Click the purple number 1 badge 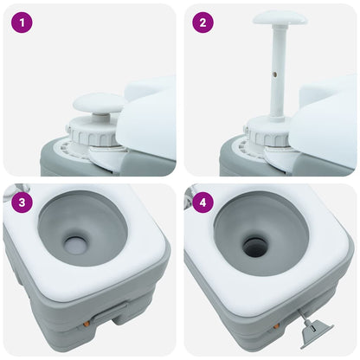pyautogui.click(x=22, y=23)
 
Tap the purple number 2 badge pyautogui.click(x=202, y=23)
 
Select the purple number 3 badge pyautogui.click(x=22, y=204)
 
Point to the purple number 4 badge pyautogui.click(x=202, y=204)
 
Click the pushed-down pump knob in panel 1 pyautogui.click(x=98, y=105)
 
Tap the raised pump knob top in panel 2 pyautogui.click(x=279, y=17)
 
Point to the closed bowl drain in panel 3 pyautogui.click(x=73, y=241)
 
